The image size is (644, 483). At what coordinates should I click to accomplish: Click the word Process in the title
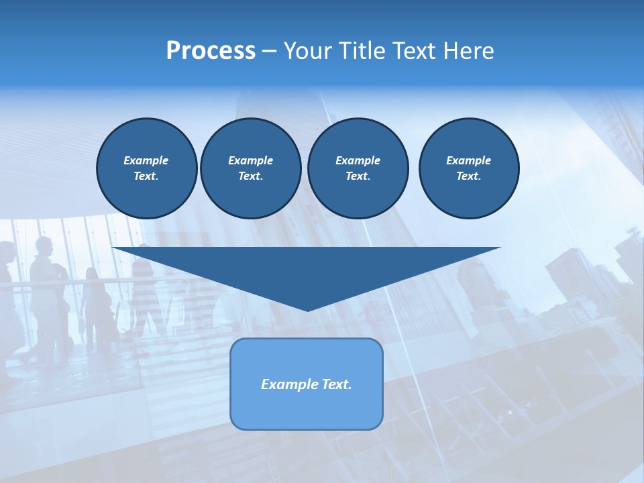point(211,51)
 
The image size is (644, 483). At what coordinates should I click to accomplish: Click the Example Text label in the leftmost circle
point(146,168)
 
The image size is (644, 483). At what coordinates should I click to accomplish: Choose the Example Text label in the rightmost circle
point(469,168)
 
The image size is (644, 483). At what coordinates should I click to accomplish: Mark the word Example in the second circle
point(250,160)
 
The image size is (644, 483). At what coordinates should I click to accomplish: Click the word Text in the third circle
point(358,176)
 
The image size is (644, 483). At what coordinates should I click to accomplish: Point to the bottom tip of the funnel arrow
point(307,310)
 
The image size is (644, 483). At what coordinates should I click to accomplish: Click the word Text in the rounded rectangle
point(333,384)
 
